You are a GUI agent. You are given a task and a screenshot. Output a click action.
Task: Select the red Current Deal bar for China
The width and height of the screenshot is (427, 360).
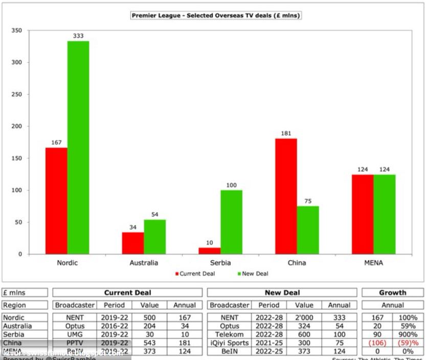(x=286, y=196)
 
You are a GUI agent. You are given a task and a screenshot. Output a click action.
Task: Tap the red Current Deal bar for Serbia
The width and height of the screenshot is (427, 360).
(x=209, y=251)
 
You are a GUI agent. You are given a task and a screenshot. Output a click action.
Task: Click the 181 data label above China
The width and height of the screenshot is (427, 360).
(x=286, y=133)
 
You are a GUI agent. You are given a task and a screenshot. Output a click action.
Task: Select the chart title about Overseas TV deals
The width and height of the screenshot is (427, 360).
(x=216, y=16)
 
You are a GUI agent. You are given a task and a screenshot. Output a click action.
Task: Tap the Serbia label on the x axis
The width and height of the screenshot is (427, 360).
(x=220, y=263)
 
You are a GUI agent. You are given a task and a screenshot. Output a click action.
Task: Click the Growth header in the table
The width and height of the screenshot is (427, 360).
(x=392, y=292)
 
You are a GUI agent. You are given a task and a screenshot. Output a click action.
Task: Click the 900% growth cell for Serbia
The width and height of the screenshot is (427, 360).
(x=409, y=334)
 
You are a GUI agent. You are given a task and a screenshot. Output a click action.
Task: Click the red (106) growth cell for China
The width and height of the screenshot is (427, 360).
(x=377, y=343)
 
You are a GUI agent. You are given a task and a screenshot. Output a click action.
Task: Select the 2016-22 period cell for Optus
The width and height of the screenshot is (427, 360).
(x=115, y=326)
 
